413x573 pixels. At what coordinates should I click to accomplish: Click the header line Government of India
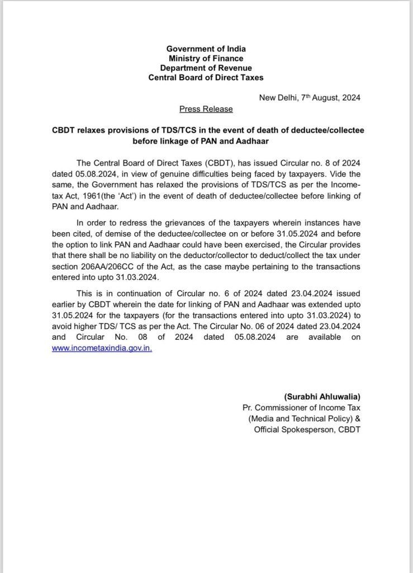tap(206, 49)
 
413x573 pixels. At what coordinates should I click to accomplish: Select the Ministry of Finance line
tap(206, 59)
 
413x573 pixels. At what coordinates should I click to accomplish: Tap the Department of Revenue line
tap(206, 68)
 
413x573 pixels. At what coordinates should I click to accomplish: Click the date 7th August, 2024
tap(330, 97)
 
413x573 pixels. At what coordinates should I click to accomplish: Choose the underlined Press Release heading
tap(206, 109)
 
